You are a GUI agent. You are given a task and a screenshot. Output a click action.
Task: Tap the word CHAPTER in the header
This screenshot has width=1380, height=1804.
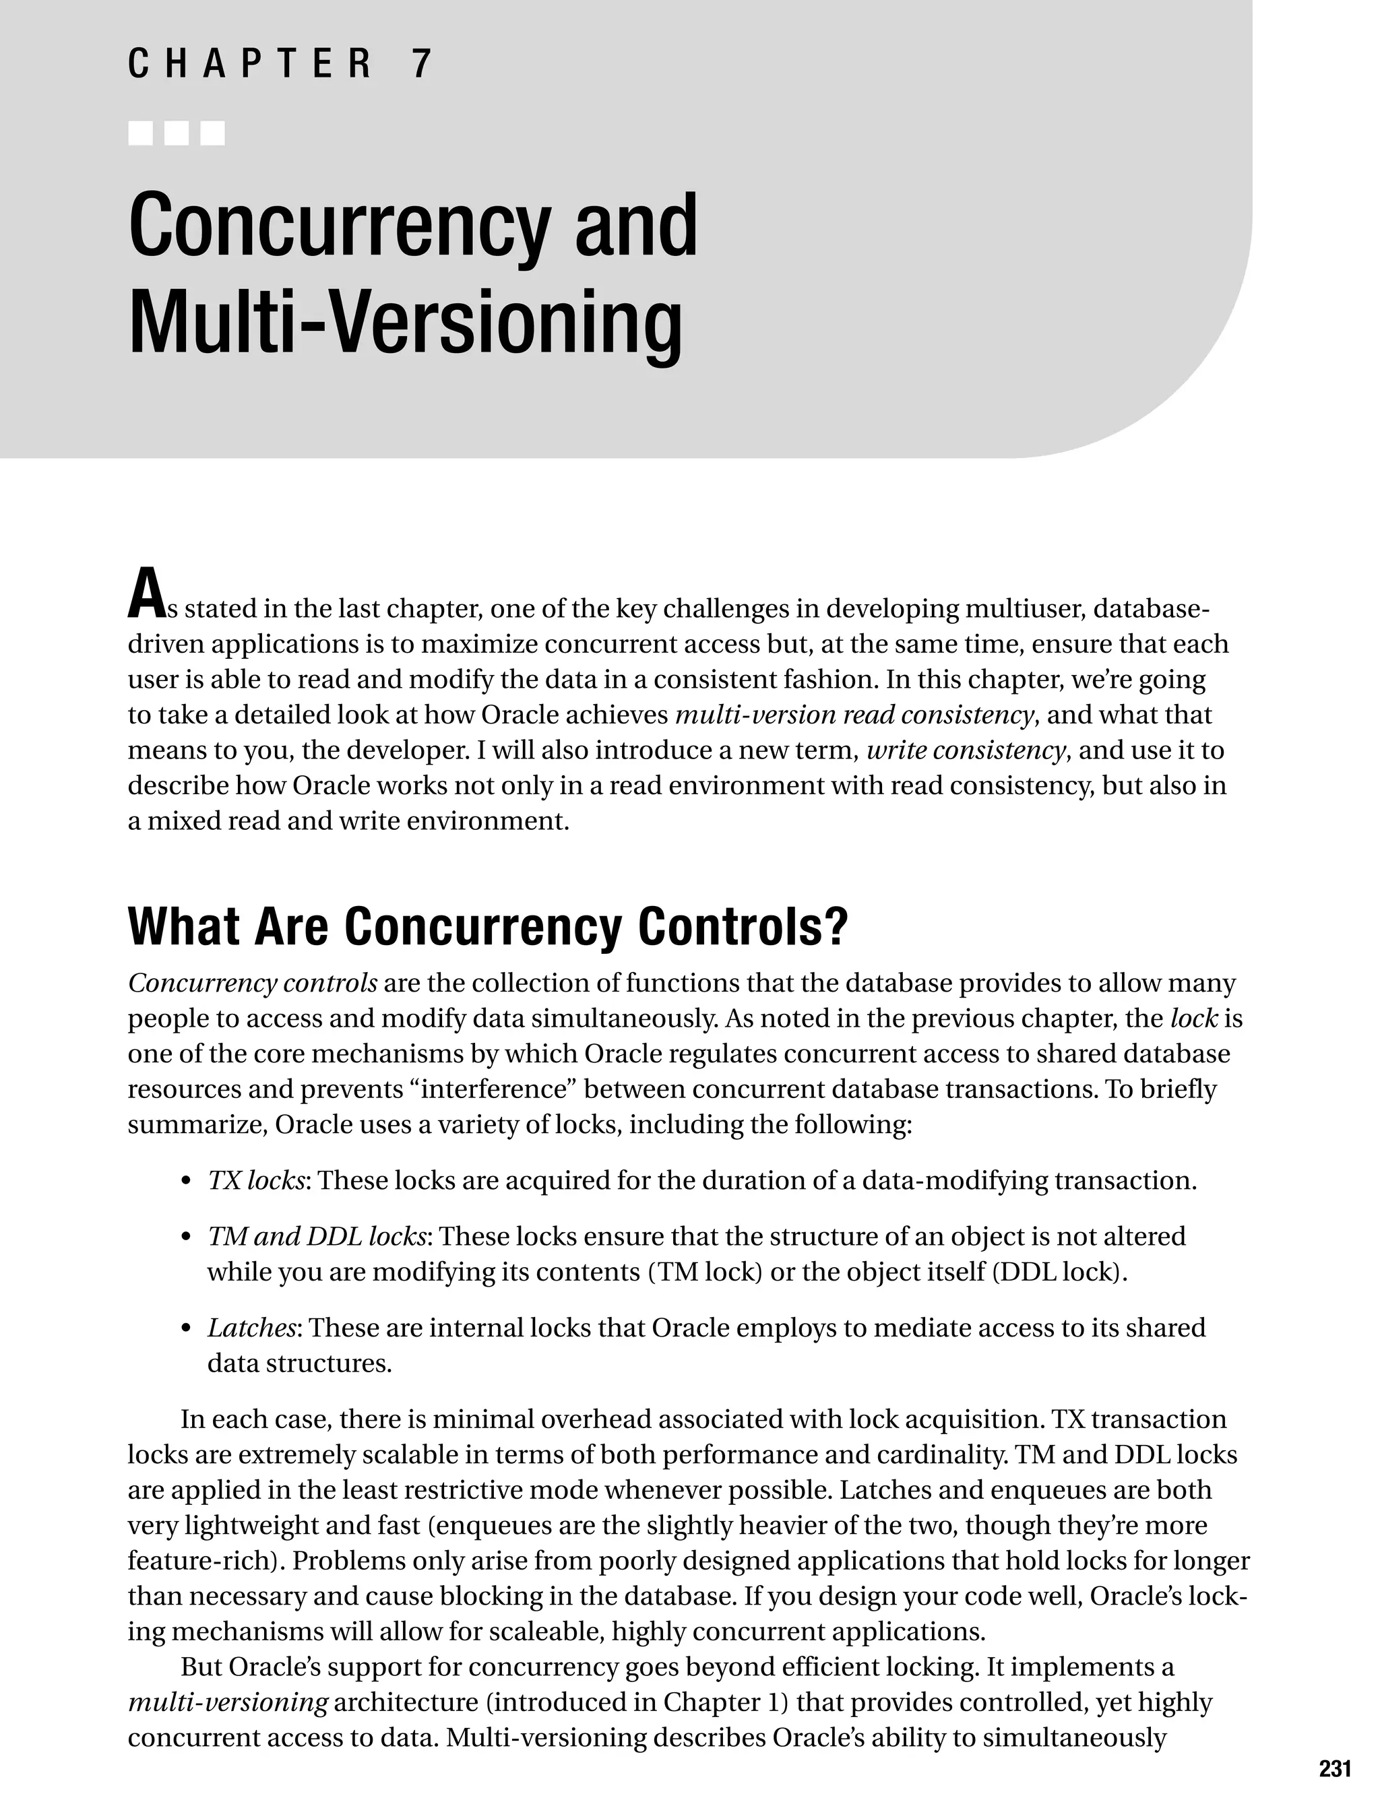pyautogui.click(x=250, y=64)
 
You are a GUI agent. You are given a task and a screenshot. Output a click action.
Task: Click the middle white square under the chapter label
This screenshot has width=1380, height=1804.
pyautogui.click(x=177, y=133)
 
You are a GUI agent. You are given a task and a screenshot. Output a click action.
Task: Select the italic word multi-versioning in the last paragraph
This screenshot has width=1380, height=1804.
pyautogui.click(x=228, y=1702)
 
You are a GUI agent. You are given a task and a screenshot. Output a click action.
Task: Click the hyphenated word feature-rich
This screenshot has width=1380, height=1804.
pyautogui.click(x=203, y=1560)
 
